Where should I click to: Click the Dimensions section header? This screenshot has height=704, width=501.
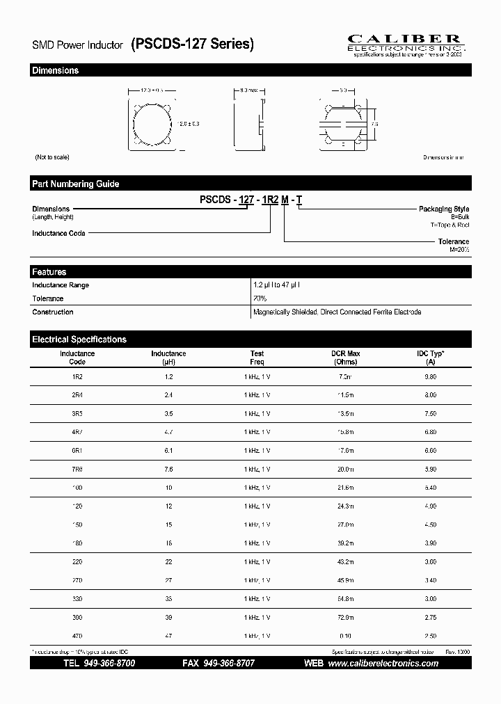[56, 70]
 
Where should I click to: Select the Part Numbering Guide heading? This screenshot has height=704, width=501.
[75, 184]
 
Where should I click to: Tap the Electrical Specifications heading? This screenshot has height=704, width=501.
[79, 339]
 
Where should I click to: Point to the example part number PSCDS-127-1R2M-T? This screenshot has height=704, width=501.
[250, 200]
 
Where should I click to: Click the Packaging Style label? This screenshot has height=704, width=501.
[443, 209]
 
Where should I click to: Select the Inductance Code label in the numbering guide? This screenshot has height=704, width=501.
[58, 233]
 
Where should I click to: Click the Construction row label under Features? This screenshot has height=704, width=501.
[53, 312]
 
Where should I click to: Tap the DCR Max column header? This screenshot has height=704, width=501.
[345, 358]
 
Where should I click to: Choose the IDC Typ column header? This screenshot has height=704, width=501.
[430, 358]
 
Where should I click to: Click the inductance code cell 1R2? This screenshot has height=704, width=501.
[77, 376]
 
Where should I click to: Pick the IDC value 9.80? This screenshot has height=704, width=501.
[430, 376]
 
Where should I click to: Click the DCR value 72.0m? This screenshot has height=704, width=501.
[345, 617]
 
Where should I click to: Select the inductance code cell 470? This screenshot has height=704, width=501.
[77, 636]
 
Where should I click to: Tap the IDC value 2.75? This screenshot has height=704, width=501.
[430, 617]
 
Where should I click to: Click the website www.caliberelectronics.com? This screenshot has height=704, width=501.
[383, 664]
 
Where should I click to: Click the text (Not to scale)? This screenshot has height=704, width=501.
[52, 157]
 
